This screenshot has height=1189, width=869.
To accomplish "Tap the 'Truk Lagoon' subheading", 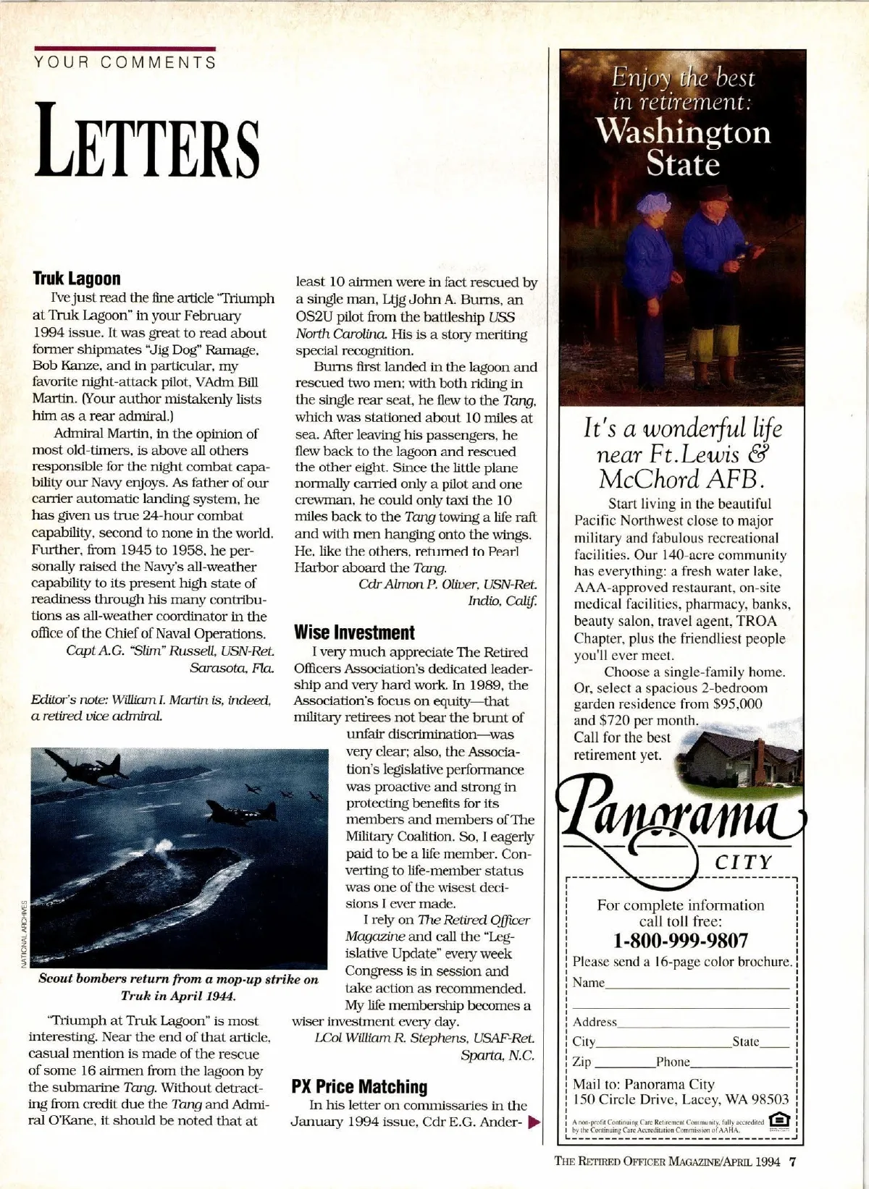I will coord(77,279).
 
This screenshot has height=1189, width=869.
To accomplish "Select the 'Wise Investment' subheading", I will coord(354,632).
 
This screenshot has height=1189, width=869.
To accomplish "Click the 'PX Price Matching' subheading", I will coord(359,1086).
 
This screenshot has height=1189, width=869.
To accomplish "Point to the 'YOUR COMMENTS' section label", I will coord(124,62).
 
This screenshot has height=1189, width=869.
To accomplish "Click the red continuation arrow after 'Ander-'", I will coord(535,1123).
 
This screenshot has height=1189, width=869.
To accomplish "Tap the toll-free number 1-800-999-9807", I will coord(680,941).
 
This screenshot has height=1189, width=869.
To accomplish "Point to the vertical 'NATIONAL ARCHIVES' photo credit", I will coord(23,933).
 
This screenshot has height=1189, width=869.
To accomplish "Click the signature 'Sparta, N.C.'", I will coord(498,1056).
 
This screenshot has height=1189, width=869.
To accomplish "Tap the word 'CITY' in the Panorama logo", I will coord(744,863).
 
